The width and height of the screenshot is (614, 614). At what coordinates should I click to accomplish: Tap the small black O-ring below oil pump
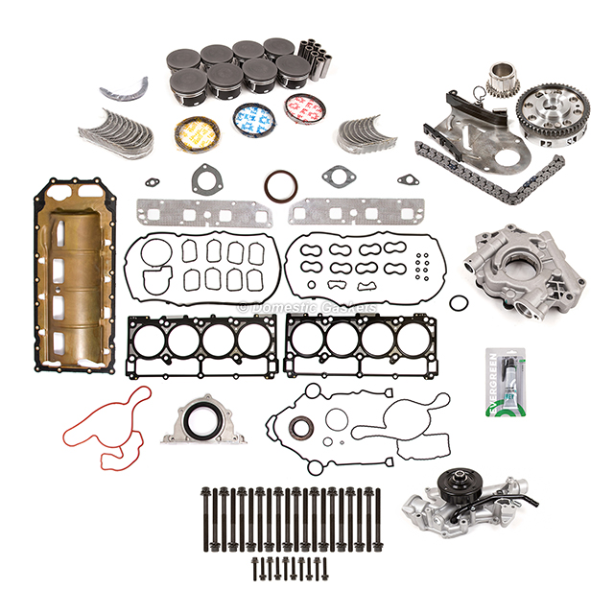click(x=461, y=303)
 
